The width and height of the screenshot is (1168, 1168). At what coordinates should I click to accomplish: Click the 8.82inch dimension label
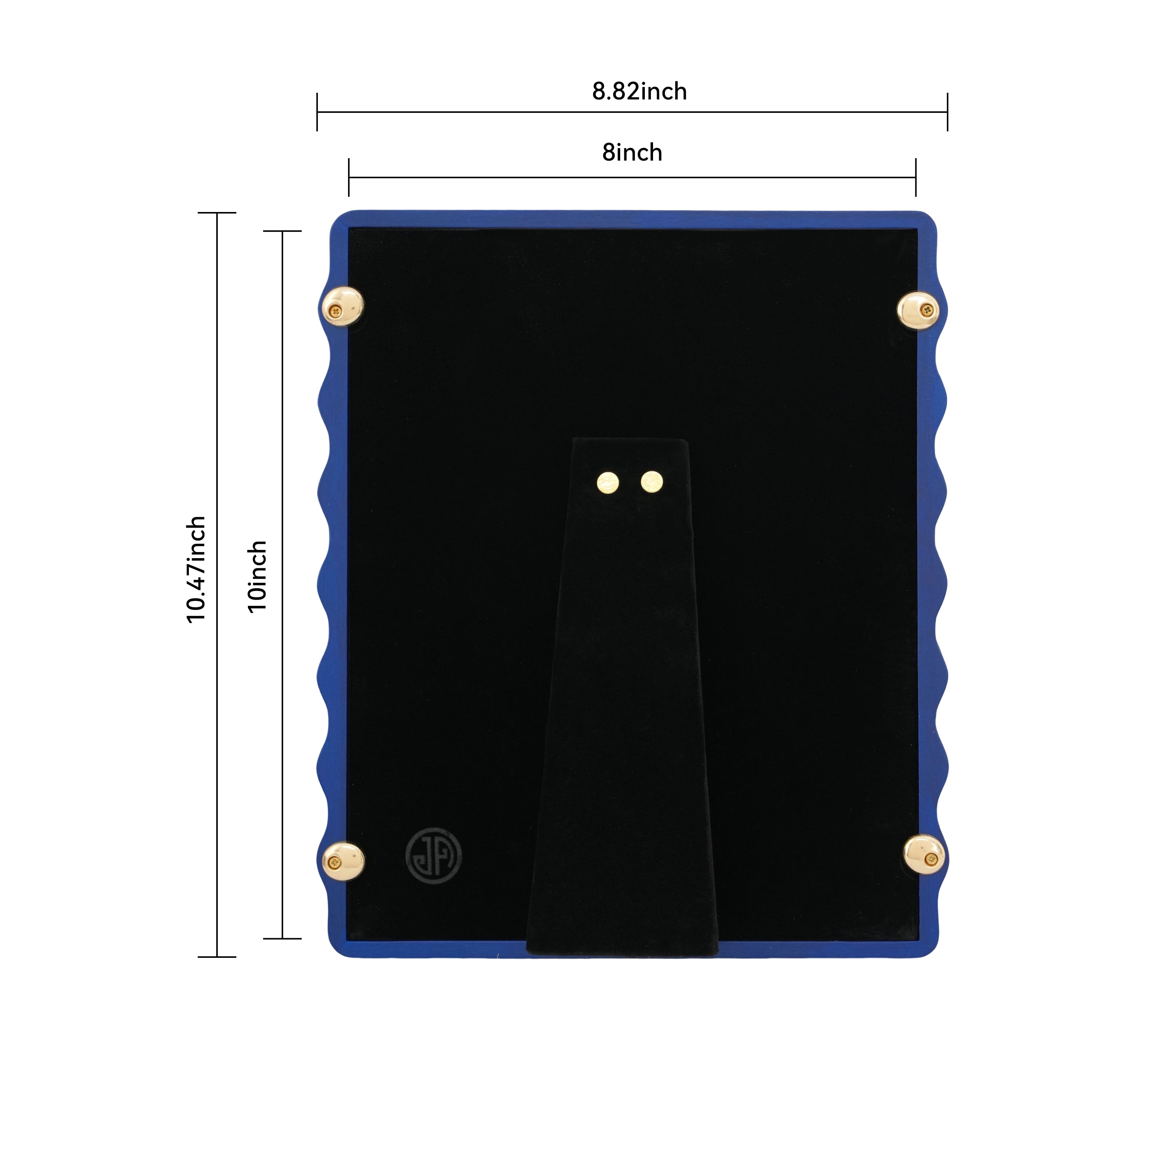point(639,91)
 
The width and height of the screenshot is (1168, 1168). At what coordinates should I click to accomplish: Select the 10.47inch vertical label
point(196,569)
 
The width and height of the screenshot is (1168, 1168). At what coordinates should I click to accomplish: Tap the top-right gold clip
point(918,311)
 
